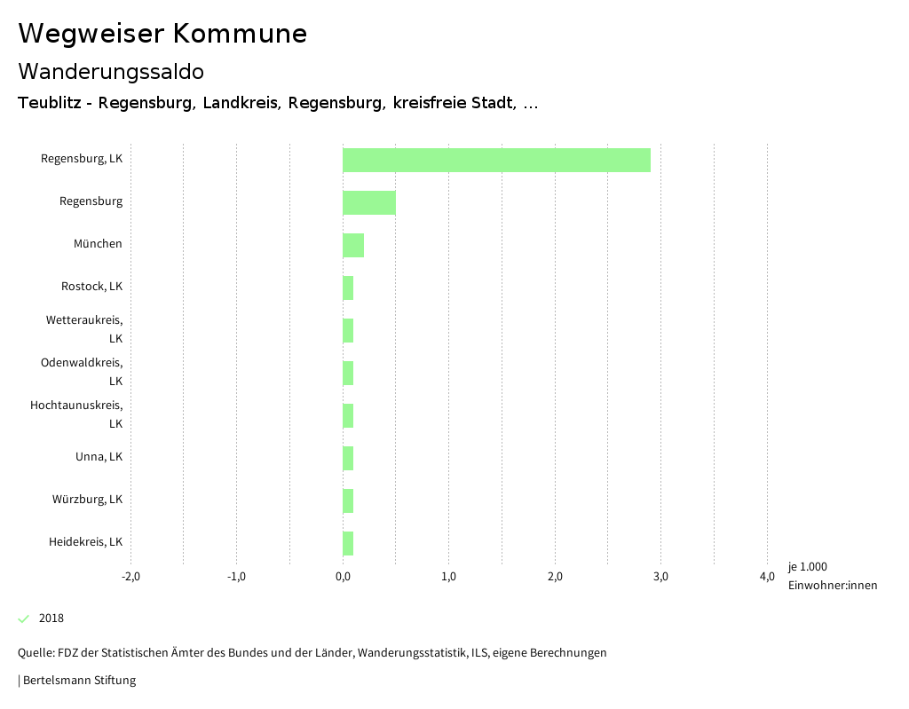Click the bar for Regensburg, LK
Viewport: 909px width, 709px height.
tap(496, 160)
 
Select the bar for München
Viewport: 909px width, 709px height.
tap(353, 245)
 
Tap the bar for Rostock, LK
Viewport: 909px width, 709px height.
tap(348, 288)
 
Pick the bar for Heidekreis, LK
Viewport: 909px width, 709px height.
tap(348, 543)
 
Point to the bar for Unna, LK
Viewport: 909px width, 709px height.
tap(348, 458)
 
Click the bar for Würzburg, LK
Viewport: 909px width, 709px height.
tap(348, 500)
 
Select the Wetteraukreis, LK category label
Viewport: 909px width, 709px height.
tap(84, 328)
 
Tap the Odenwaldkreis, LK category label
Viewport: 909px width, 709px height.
tap(82, 371)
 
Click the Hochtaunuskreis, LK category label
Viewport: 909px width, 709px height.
tap(76, 414)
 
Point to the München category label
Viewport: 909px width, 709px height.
tap(98, 244)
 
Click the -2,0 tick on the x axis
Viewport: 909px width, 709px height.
tap(130, 577)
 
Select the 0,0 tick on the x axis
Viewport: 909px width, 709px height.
tap(343, 577)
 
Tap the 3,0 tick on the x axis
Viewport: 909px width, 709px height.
tap(660, 577)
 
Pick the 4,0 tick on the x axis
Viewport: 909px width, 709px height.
tap(767, 577)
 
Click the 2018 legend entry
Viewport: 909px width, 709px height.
tap(51, 618)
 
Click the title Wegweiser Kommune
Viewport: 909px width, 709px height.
tap(162, 34)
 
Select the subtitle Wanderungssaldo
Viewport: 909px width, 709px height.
tap(111, 71)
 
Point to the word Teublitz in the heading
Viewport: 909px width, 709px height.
tap(50, 103)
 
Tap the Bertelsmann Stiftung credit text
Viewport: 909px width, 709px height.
tap(78, 681)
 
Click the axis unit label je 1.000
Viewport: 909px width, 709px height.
tap(807, 567)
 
